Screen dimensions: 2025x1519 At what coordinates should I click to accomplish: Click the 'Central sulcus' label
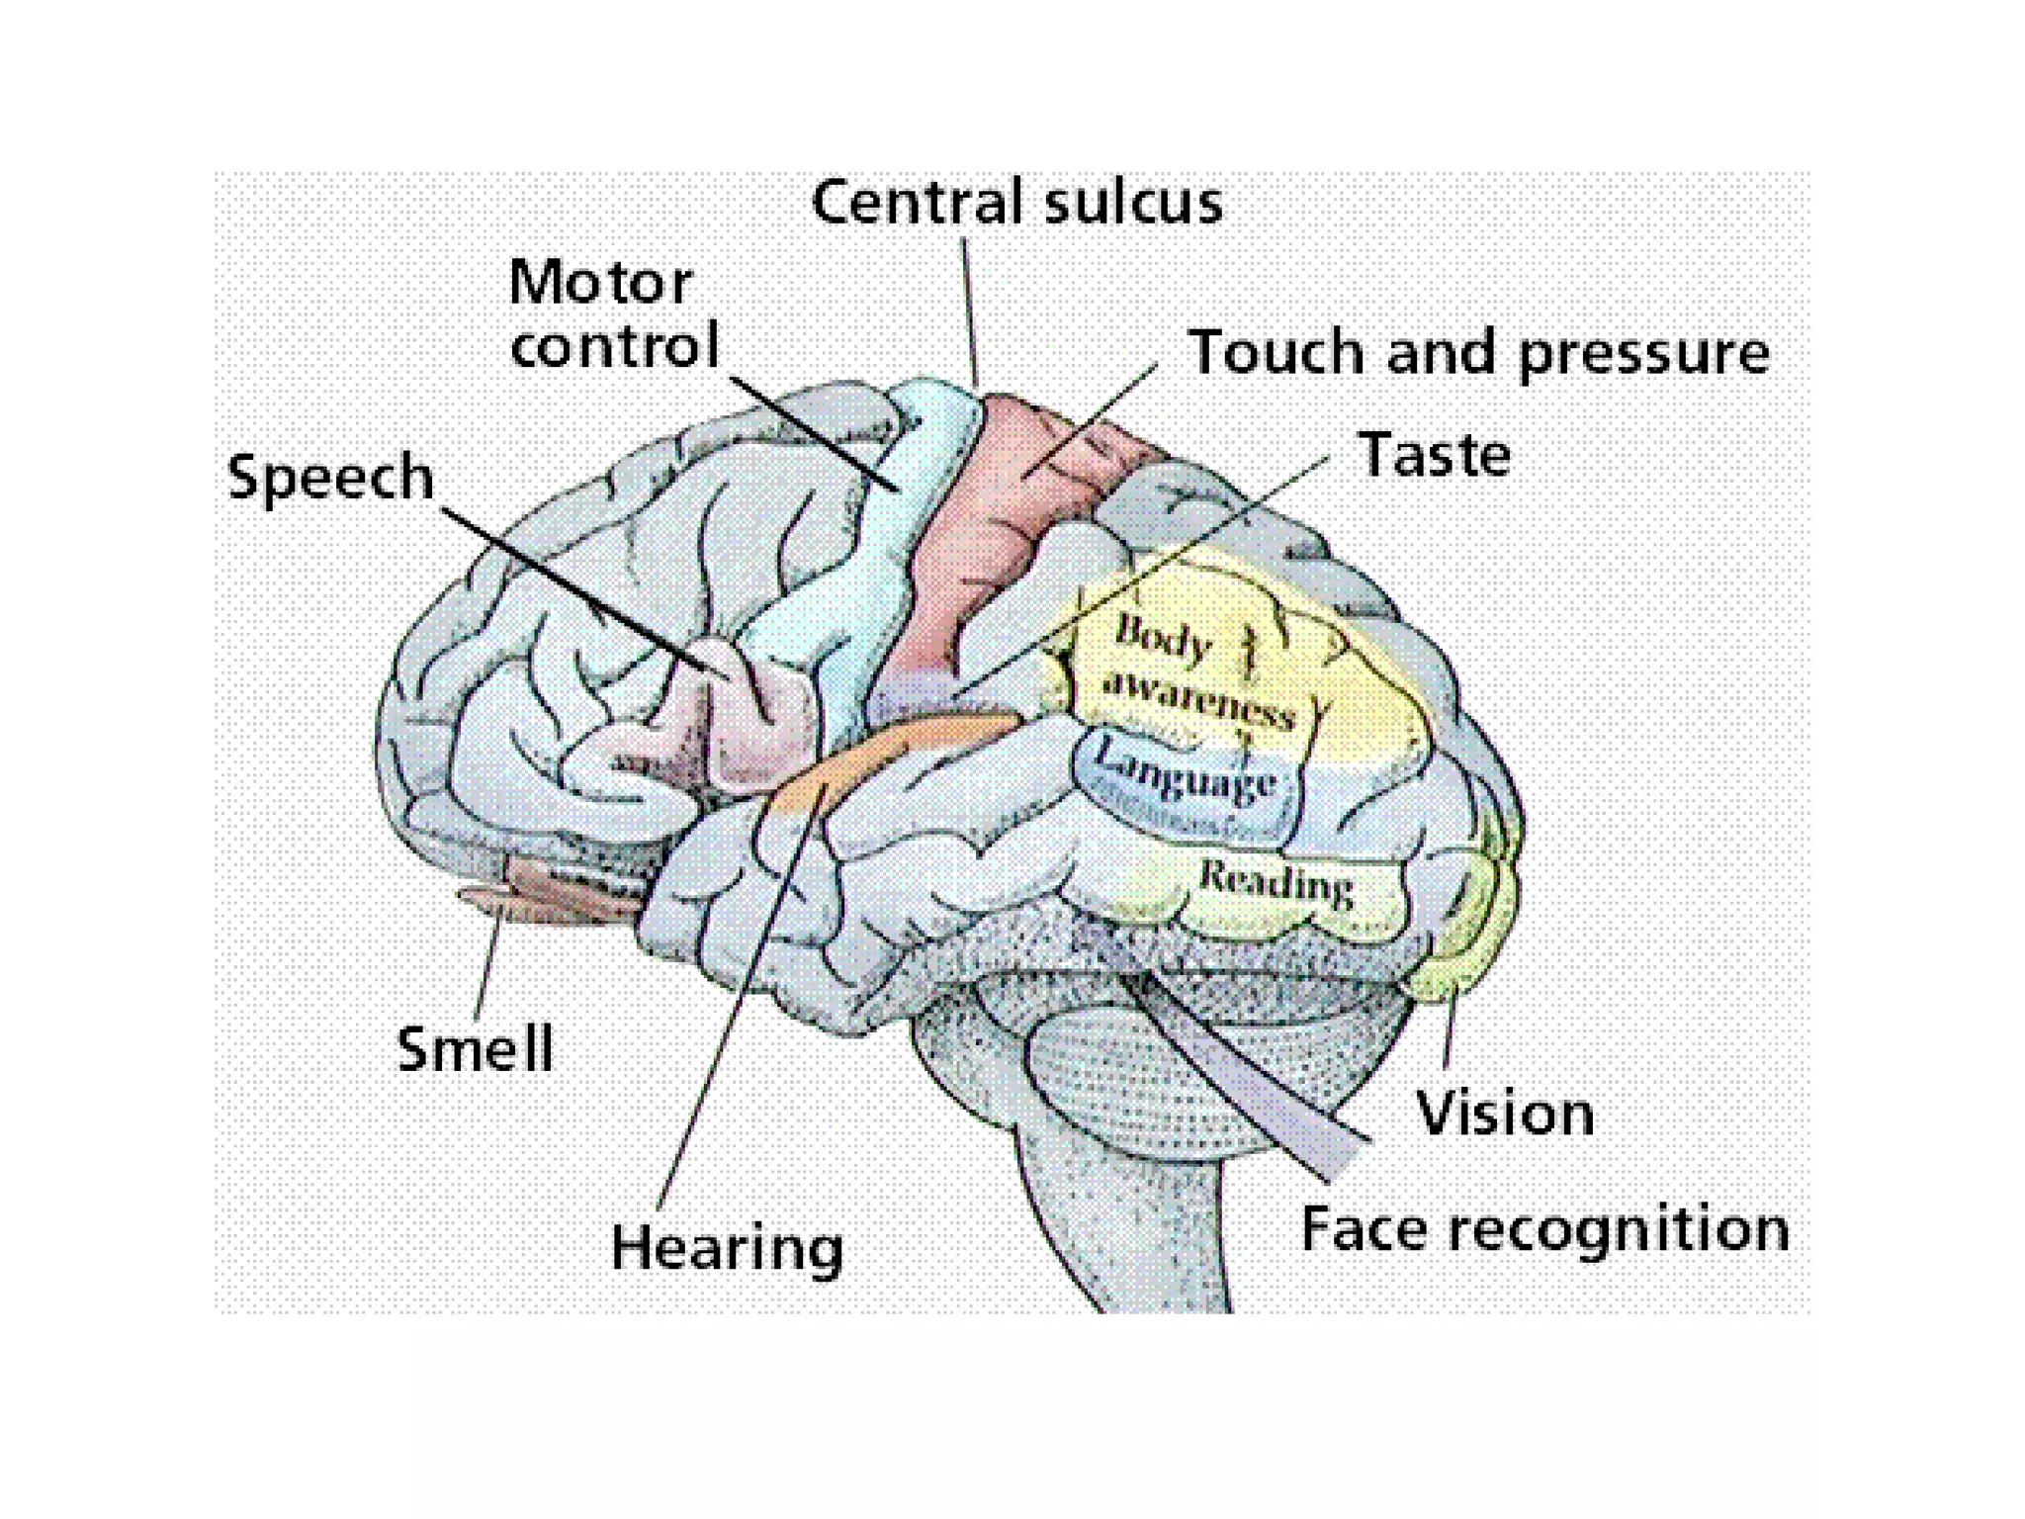tap(1016, 204)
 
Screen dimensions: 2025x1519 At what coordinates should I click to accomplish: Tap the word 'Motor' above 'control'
tap(600, 283)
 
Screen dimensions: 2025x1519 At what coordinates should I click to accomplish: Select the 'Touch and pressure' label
tap(1479, 353)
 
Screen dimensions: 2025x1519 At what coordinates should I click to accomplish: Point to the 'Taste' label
tap(1435, 455)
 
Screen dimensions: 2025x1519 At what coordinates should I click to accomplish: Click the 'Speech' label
tap(330, 479)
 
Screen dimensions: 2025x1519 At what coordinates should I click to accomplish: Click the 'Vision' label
tap(1505, 1114)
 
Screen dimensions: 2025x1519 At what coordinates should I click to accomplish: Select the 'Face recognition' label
tap(1544, 1230)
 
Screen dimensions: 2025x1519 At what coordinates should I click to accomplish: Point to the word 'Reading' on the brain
tap(1277, 882)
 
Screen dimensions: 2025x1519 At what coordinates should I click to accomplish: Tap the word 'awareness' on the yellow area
tap(1199, 698)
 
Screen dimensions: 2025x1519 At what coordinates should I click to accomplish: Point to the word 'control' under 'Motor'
tap(614, 346)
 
